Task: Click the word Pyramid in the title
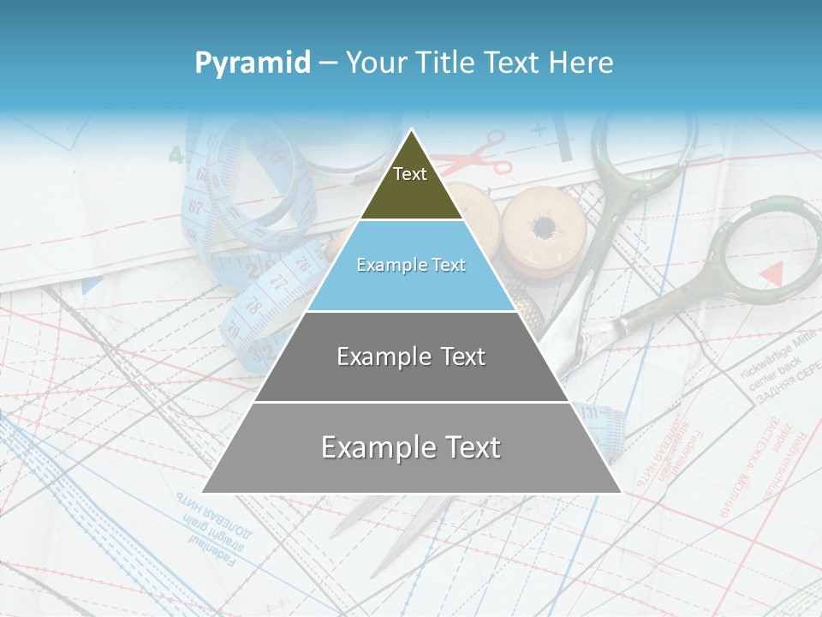pos(252,63)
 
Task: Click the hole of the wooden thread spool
pos(543,228)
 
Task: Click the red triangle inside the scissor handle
pos(772,273)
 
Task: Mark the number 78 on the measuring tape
pos(254,304)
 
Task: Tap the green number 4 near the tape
pos(176,155)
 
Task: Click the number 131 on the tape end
pos(589,413)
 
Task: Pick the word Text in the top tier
pos(410,174)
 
